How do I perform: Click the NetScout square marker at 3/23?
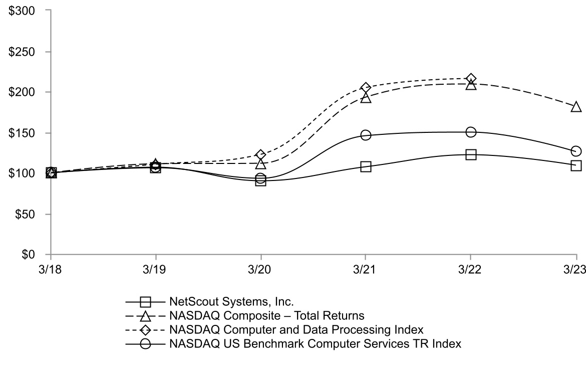coord(576,165)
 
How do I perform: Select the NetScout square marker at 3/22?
coord(471,154)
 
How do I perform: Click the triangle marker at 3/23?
coord(576,107)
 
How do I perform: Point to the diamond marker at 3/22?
coord(471,79)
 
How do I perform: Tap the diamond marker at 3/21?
coord(366,88)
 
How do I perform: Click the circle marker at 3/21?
coord(366,135)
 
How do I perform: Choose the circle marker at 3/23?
coord(576,151)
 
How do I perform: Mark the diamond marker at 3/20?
coord(260,154)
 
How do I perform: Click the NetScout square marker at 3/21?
coord(366,166)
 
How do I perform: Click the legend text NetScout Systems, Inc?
coord(231,302)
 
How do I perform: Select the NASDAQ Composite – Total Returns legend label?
coord(266,316)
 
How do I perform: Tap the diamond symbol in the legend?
coord(146,330)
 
